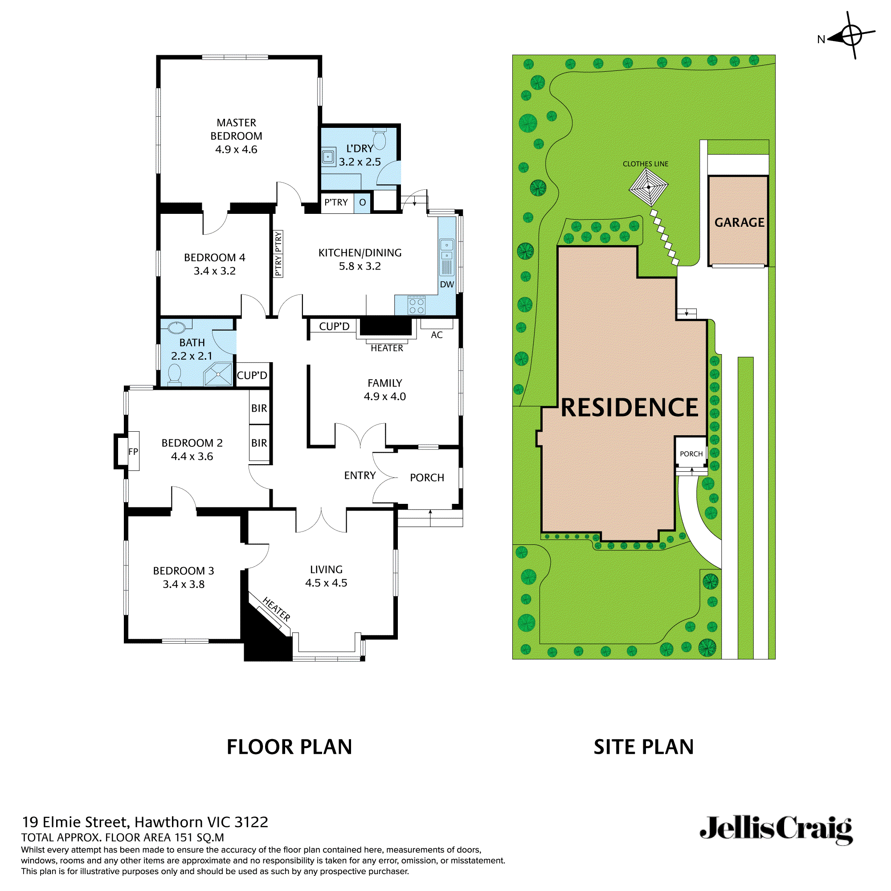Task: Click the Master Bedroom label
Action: tap(236, 135)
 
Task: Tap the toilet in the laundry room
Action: tap(379, 139)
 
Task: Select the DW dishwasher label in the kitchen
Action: tap(446, 285)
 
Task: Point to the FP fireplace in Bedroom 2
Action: tap(133, 451)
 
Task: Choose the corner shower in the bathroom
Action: tap(218, 374)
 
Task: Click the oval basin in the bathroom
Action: tap(176, 327)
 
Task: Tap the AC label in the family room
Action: tap(436, 335)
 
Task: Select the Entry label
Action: tap(360, 475)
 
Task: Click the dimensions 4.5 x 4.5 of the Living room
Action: tap(326, 583)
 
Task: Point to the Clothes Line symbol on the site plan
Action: tap(648, 187)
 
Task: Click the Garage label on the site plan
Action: tap(739, 222)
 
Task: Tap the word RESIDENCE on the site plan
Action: tap(629, 408)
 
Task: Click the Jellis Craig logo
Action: tap(776, 830)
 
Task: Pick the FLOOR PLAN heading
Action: tap(289, 747)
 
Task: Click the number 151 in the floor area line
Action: tap(183, 838)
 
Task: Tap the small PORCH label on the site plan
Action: tap(691, 454)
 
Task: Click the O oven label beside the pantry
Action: tap(363, 202)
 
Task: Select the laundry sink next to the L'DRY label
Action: tap(328, 157)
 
